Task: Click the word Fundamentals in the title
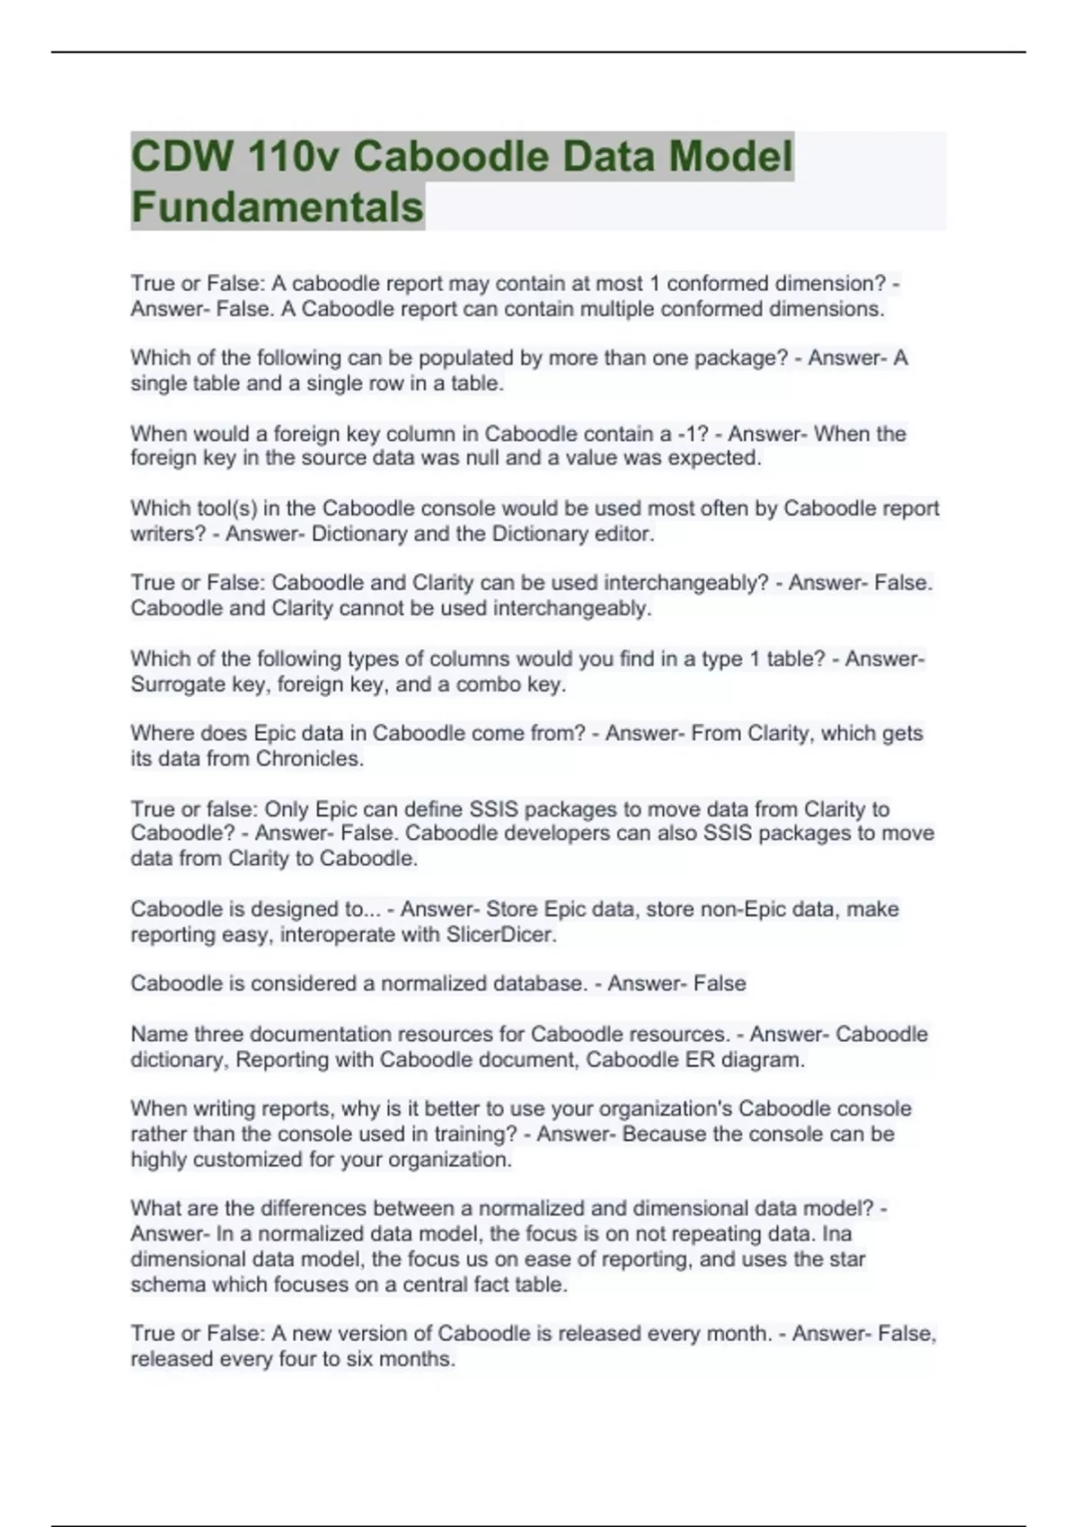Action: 277,207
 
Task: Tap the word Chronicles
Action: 309,758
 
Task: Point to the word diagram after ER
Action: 763,1059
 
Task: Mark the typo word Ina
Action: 836,1233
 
